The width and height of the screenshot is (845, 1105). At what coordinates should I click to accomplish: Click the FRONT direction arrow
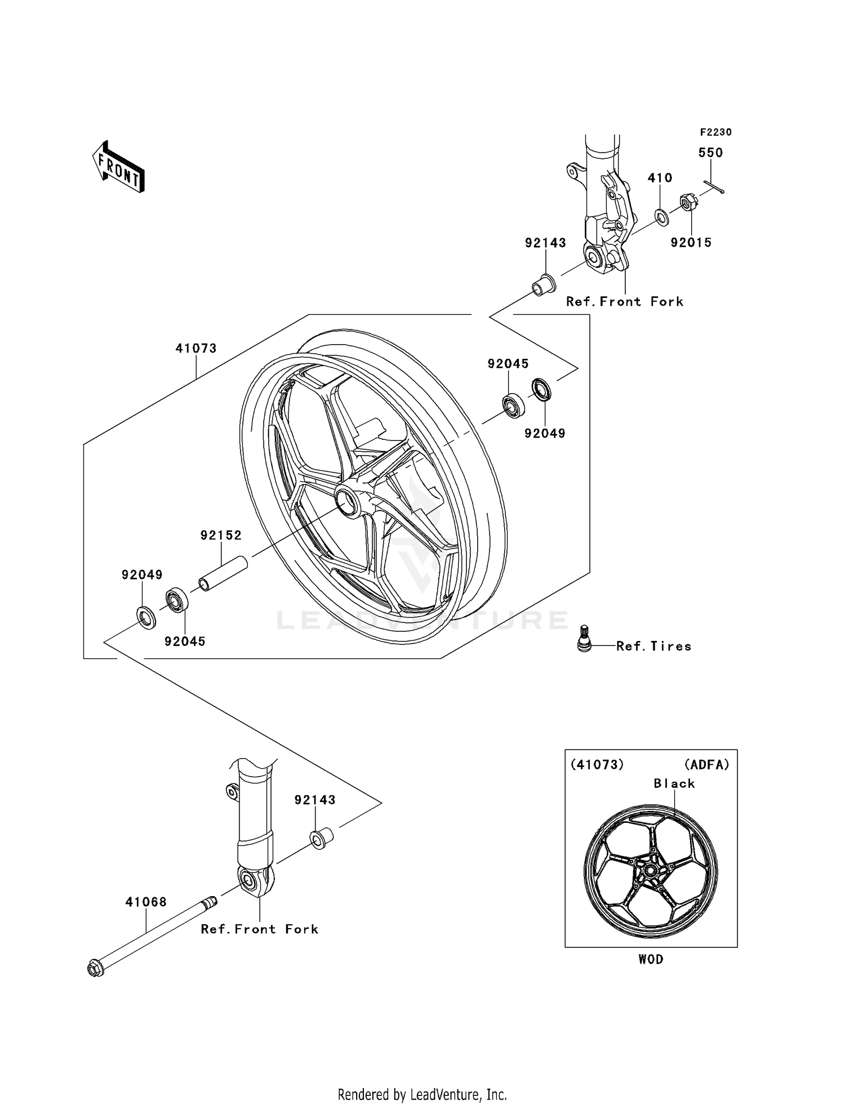pos(119,167)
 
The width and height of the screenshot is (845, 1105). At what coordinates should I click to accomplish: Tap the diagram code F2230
pos(715,132)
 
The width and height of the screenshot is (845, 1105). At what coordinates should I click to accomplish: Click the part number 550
pos(710,153)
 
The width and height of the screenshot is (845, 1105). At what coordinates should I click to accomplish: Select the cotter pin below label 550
pos(714,187)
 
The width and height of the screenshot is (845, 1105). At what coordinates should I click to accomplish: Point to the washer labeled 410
pos(662,216)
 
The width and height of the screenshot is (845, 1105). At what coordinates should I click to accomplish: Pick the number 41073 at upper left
pos(195,349)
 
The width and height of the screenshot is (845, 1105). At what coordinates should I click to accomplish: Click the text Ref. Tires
pos(653,647)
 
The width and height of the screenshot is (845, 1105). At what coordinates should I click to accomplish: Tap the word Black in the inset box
pos(674,783)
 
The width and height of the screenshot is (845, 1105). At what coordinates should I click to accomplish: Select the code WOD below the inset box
pos(651,959)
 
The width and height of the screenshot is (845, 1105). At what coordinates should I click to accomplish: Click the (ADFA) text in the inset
pos(706,765)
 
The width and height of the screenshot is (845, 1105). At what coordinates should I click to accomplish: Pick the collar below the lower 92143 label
pos(321,838)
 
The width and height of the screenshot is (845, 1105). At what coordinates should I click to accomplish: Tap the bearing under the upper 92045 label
pos(513,407)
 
